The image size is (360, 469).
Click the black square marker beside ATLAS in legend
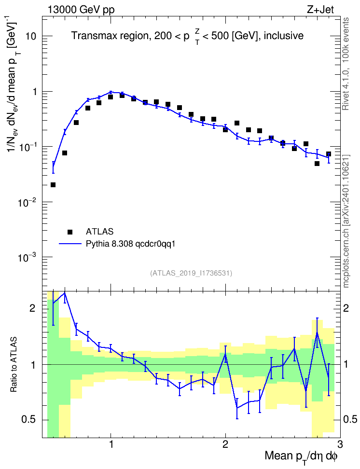(70, 232)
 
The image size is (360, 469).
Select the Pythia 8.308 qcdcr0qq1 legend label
(130, 244)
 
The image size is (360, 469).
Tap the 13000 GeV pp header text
(81, 10)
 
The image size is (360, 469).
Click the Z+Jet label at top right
(320, 10)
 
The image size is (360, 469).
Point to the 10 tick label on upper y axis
(30, 37)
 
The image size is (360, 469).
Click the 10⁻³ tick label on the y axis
(28, 257)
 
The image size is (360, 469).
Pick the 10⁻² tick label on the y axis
(28, 202)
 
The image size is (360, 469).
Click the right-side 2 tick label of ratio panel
(346, 308)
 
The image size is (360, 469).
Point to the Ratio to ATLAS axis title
(14, 364)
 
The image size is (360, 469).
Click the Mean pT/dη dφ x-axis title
(301, 456)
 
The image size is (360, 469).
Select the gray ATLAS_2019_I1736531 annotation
(191, 273)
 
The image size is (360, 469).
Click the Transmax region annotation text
(187, 36)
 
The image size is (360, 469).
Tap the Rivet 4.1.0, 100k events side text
(346, 64)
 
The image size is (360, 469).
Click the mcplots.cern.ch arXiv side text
(346, 221)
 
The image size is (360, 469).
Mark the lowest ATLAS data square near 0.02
(53, 185)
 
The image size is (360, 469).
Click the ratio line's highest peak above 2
(65, 293)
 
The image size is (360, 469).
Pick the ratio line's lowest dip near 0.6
(237, 408)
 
